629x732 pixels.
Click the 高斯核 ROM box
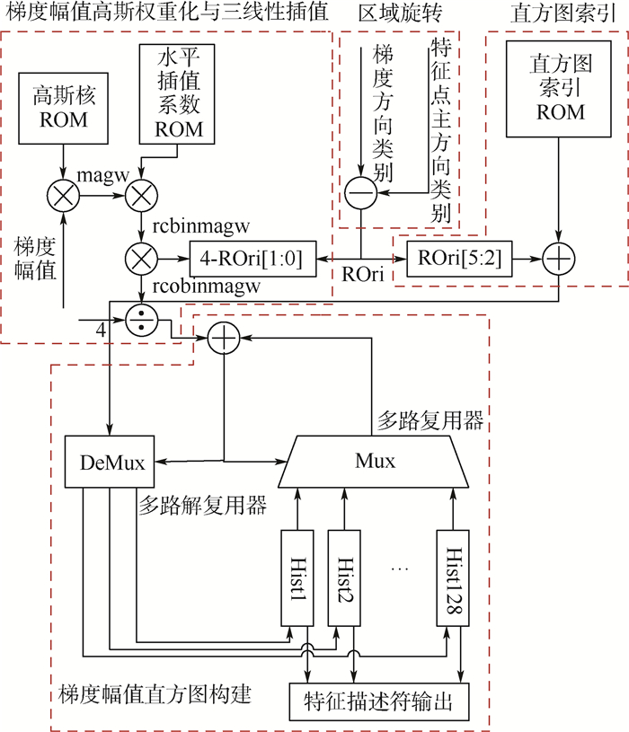63,107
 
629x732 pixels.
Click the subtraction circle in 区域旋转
360,192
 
